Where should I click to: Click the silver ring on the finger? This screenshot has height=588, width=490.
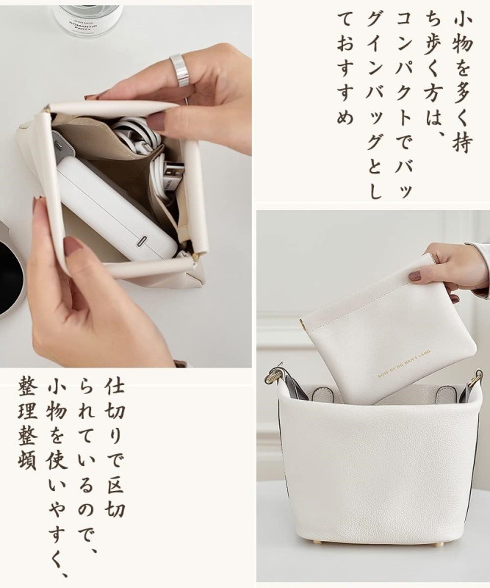[179, 70]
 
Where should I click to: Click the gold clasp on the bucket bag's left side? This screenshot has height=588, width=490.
[275, 373]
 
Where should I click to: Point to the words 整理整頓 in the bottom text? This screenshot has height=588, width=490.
[28, 425]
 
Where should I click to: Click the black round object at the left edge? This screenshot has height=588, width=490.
[10, 276]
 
